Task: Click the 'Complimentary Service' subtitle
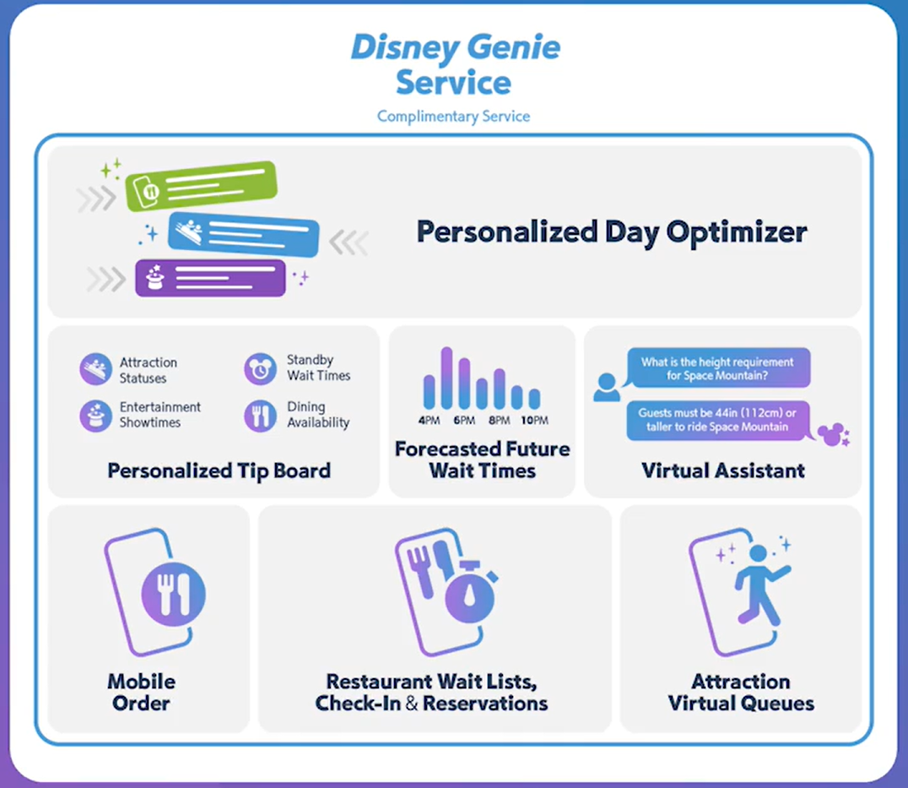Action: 453,117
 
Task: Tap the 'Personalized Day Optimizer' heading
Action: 612,231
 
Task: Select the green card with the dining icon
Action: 201,186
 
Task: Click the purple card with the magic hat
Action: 210,278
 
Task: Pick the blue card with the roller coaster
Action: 243,234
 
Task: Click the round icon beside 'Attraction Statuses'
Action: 95,369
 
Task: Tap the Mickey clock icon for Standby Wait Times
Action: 260,369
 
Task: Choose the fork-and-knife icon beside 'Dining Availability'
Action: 260,416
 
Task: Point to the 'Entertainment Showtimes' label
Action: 159,415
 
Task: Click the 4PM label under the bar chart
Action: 429,420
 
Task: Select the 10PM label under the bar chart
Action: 534,420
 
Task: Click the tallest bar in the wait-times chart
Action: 446,378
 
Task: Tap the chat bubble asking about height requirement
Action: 718,368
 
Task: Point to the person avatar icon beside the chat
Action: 606,387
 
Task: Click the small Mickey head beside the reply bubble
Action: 833,435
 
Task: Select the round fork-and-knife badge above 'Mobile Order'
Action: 173,594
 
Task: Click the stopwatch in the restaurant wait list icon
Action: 470,592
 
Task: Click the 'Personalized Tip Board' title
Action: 219,470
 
